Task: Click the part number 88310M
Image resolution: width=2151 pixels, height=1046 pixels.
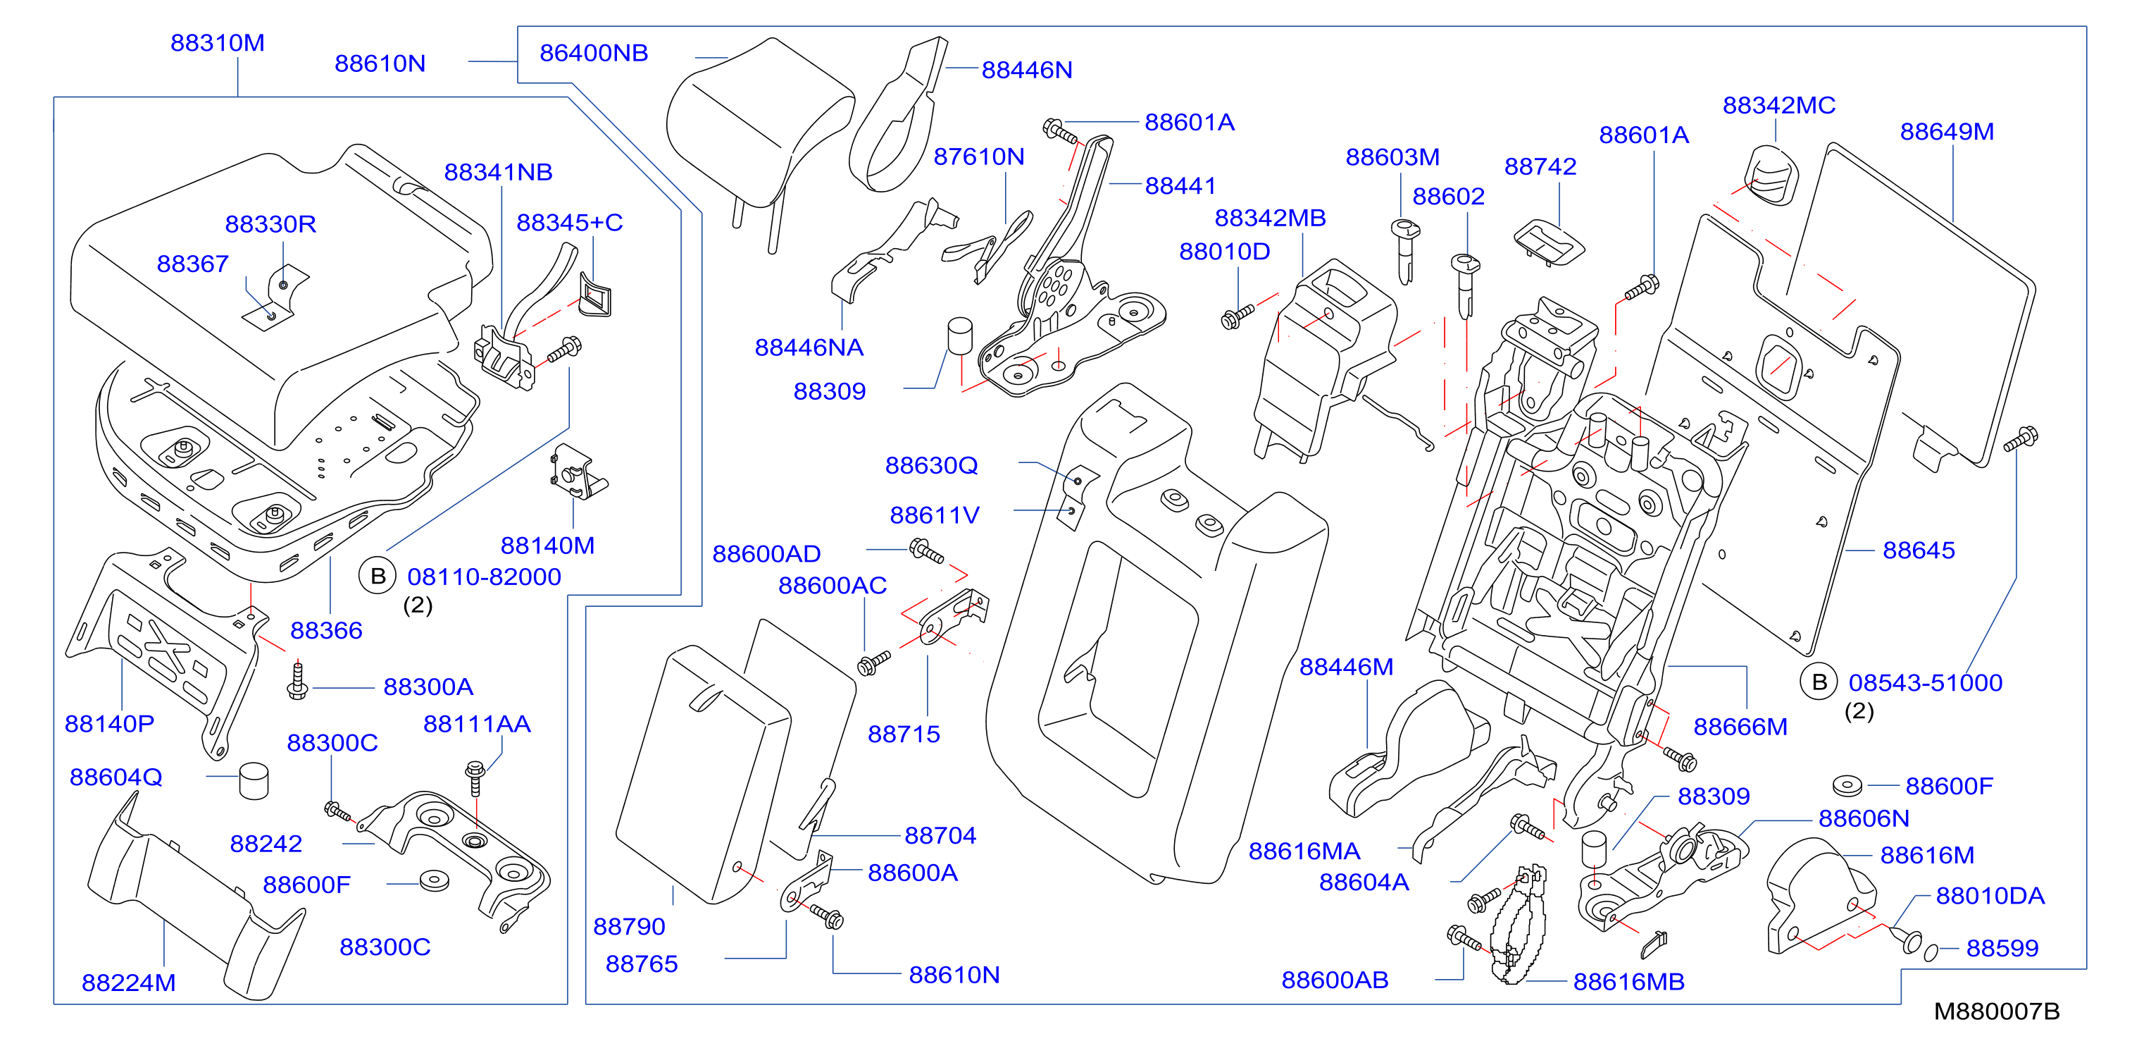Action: (217, 42)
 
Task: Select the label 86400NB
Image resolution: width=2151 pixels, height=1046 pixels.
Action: (594, 53)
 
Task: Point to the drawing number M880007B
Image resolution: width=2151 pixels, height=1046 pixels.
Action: (1997, 1011)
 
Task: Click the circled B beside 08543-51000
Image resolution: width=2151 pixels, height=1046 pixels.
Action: (1819, 682)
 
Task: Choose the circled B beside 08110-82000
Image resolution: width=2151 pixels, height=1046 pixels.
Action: (378, 576)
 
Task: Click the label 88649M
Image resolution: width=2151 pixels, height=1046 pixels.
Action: (1947, 131)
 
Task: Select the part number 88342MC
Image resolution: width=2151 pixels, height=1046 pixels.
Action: (1778, 105)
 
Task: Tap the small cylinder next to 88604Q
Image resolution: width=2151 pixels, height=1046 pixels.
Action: (254, 780)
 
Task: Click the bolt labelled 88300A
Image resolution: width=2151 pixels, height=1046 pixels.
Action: (297, 680)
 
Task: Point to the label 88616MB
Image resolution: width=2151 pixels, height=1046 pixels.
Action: (1628, 982)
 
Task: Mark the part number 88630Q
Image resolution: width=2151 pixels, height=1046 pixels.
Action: (931, 465)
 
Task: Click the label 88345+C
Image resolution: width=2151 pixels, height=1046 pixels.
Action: (570, 222)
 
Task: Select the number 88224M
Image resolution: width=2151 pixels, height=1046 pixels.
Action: (129, 983)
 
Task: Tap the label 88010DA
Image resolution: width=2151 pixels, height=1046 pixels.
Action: (1990, 896)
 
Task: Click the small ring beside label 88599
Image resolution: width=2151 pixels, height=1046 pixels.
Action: (1931, 952)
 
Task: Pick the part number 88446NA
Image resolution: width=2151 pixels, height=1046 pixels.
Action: (809, 347)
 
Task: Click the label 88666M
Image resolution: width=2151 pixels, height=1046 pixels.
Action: (1740, 727)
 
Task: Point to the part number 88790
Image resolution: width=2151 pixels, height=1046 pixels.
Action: (629, 927)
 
